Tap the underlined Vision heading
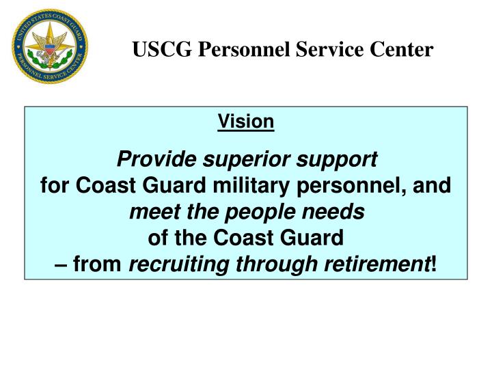[x=246, y=122]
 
